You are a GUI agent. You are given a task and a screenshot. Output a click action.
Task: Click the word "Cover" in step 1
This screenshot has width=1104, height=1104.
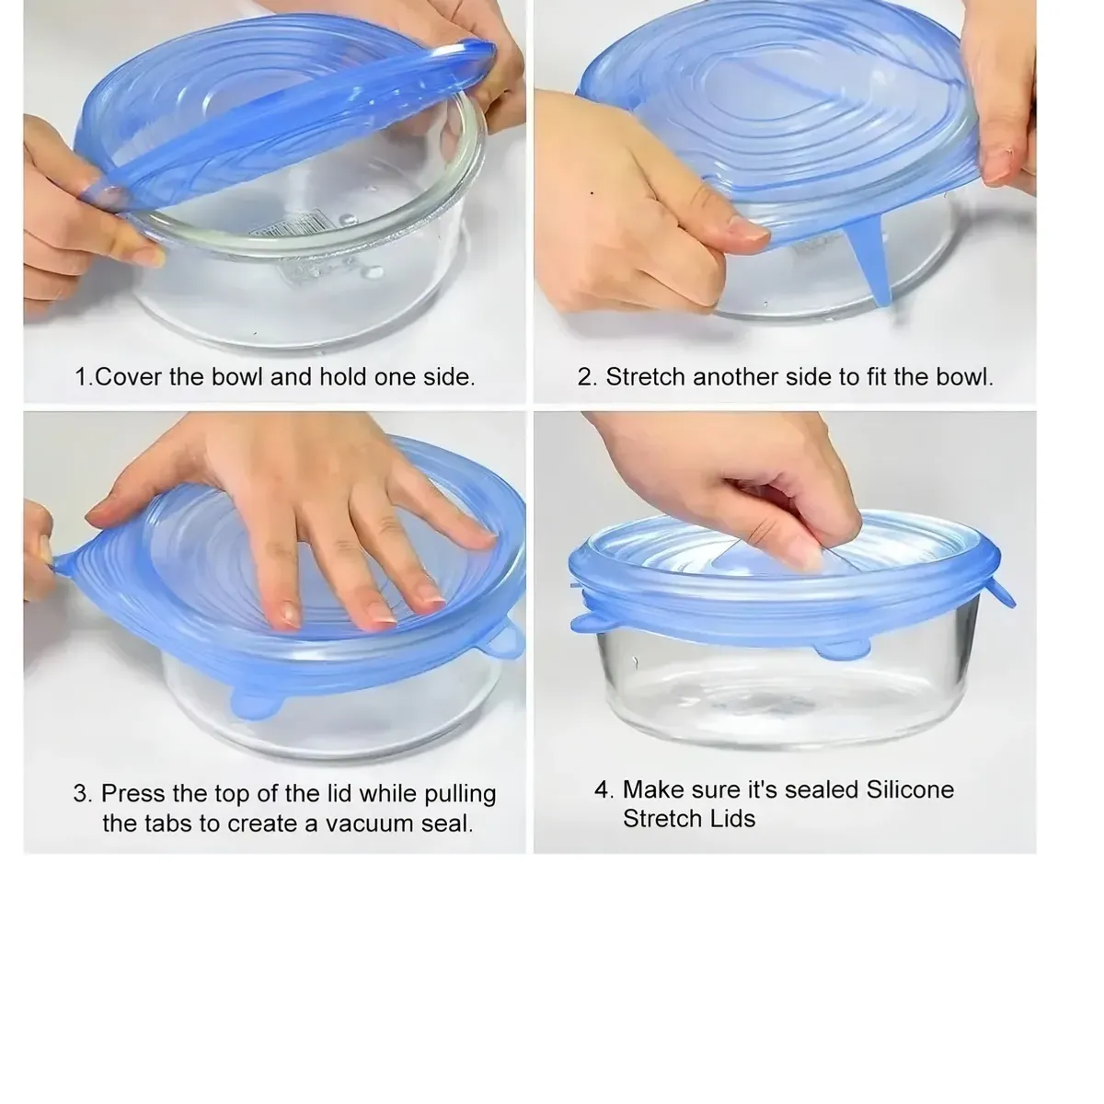[128, 377]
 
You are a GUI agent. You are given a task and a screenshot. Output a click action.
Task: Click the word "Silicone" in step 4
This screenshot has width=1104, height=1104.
[910, 789]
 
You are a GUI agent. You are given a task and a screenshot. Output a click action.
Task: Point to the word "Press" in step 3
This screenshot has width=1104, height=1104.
[133, 793]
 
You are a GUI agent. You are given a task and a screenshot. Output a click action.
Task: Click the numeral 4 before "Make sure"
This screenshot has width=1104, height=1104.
[603, 790]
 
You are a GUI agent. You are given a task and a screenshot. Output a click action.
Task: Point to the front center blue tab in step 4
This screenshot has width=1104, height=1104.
[842, 650]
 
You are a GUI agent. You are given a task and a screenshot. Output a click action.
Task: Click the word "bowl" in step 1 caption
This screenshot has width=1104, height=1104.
[237, 377]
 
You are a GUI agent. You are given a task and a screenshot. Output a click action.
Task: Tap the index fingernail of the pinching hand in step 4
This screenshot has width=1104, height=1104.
[807, 555]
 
